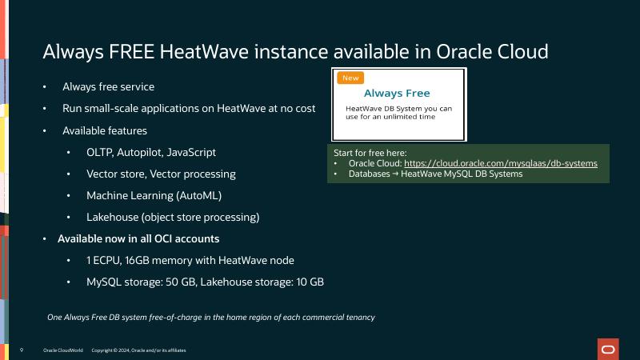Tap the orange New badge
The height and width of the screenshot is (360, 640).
point(350,78)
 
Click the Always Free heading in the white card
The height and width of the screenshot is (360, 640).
point(397,94)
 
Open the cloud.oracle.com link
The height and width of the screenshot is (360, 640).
point(501,163)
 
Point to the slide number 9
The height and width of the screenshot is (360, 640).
point(21,350)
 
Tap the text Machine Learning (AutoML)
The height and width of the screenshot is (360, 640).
point(154,195)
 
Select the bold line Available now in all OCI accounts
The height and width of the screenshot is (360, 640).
point(138,238)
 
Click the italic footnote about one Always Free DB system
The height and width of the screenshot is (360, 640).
point(211,318)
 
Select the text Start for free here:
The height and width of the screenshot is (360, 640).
point(370,152)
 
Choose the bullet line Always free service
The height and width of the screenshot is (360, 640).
point(108,86)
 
